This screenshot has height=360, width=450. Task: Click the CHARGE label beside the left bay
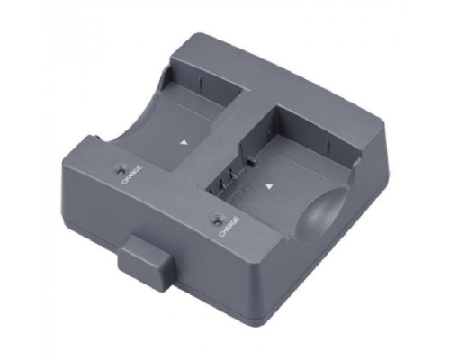[132, 175]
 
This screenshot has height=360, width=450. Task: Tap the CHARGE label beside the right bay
[229, 227]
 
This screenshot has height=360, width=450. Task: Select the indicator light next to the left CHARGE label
[121, 169]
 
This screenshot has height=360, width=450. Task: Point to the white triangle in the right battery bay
[269, 187]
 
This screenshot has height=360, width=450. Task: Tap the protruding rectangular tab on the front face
[147, 264]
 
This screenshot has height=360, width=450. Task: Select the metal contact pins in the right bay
[228, 181]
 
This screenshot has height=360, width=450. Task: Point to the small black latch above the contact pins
[251, 163]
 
